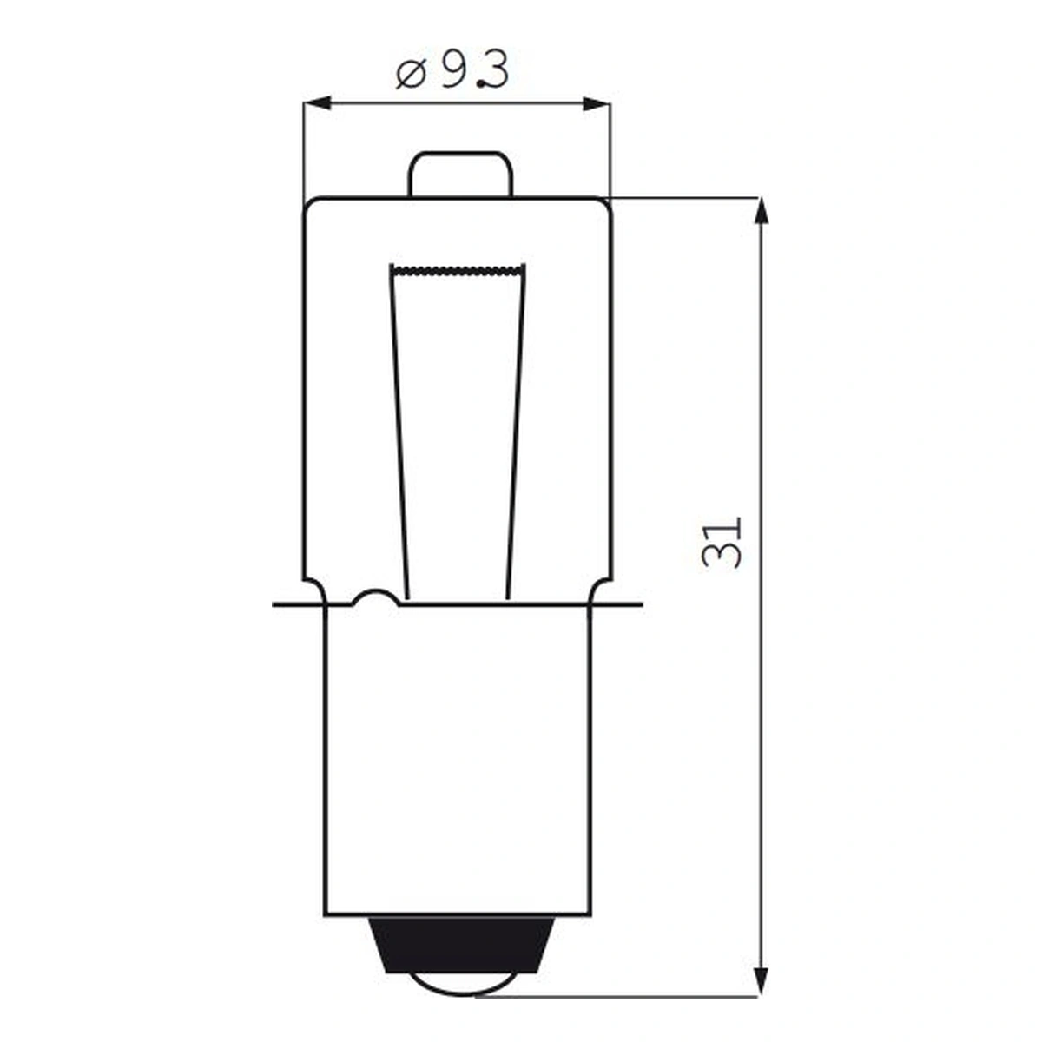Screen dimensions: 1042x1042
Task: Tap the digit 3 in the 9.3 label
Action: click(495, 71)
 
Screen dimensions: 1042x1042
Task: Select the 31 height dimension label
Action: click(721, 543)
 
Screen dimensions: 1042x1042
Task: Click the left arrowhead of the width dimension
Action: click(318, 103)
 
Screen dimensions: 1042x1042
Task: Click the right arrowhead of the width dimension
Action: click(597, 103)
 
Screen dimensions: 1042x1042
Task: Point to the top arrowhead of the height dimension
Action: click(761, 211)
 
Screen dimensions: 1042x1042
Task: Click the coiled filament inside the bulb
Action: click(458, 268)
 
